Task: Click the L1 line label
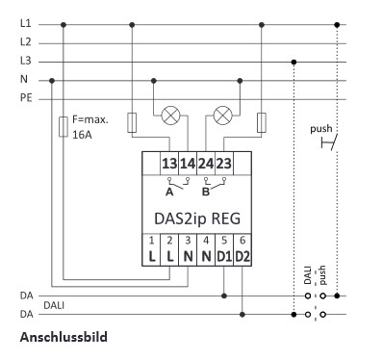(x=25, y=23)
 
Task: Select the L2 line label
(x=25, y=42)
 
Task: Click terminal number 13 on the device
(x=168, y=164)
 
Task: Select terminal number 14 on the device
(x=187, y=164)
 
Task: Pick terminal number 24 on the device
(x=205, y=164)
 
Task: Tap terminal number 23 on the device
(x=223, y=164)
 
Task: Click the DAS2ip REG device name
(x=195, y=217)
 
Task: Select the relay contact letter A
(x=169, y=190)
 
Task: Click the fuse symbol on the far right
(x=261, y=122)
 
